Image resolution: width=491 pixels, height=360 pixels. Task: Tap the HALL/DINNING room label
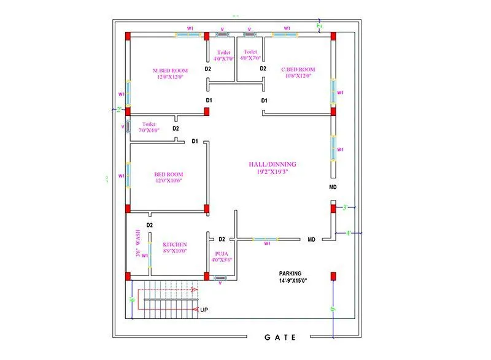272,164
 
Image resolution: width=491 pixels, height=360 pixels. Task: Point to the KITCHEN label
175,244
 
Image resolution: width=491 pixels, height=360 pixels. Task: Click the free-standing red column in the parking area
333,276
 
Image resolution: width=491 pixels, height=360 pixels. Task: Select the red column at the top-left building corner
128,36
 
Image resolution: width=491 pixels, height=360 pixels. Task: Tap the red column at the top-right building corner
333,36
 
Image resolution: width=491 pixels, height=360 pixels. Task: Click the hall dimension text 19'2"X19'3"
272,172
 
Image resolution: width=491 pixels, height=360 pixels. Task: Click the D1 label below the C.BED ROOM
265,100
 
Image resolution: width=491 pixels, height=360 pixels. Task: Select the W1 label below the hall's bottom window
266,243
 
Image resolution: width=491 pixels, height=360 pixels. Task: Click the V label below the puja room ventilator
220,283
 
